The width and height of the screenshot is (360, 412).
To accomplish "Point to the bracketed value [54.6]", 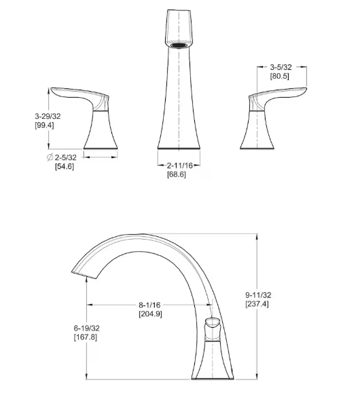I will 65,166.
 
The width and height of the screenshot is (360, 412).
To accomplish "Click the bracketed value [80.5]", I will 281,76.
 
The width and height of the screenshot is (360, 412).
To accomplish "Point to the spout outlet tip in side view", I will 79,272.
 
